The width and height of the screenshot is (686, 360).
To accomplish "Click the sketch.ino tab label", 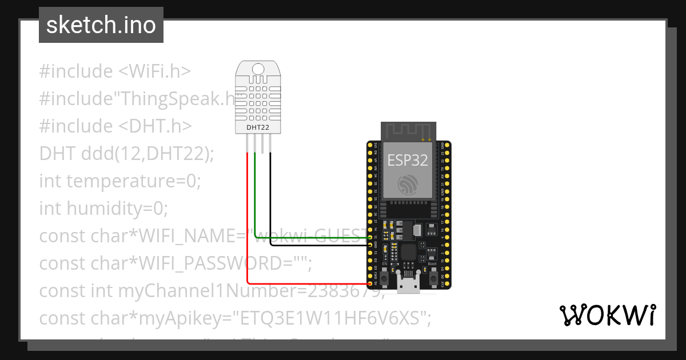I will [101, 25].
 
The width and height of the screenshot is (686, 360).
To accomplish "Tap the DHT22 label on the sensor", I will [258, 127].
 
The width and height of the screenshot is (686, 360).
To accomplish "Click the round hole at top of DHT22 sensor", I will [258, 70].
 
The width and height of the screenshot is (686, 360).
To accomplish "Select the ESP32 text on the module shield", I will [408, 160].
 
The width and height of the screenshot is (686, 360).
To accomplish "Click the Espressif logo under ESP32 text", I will [408, 184].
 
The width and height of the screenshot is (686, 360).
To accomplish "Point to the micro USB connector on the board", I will [408, 284].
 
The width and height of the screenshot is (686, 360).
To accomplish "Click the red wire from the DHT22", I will [247, 229].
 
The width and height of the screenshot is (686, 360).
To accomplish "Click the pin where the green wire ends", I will [370, 237].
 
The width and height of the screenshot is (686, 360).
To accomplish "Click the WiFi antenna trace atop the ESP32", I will [408, 131].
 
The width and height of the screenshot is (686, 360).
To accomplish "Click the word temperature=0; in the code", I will [134, 181].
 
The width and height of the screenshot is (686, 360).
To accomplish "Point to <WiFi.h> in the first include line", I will [154, 71].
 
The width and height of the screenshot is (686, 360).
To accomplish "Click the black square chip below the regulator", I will [409, 251].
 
